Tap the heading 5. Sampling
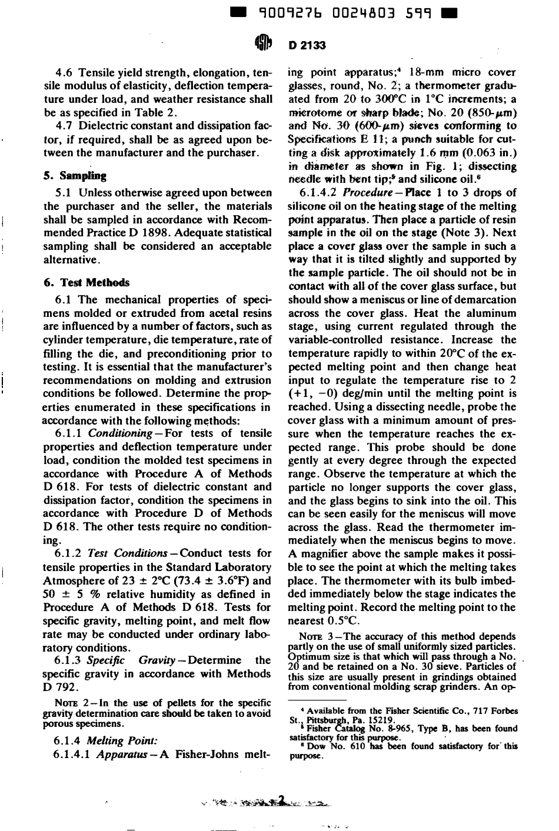coord(75,175)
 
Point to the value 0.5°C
coord(341,620)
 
